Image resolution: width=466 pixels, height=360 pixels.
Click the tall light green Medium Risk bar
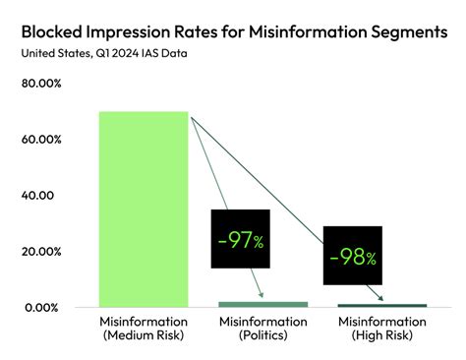(x=143, y=209)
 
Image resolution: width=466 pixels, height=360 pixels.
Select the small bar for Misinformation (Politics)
(x=262, y=304)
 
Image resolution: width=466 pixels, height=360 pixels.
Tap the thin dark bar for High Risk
(x=382, y=306)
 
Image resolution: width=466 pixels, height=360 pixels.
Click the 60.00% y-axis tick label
(x=42, y=139)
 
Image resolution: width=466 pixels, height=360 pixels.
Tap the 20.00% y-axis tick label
(x=42, y=251)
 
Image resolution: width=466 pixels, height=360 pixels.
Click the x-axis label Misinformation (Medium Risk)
(x=143, y=330)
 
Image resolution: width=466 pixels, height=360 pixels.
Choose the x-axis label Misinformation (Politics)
(x=262, y=330)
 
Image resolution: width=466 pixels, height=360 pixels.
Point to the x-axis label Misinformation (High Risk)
(x=382, y=330)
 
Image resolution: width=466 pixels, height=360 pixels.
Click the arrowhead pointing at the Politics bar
(x=262, y=295)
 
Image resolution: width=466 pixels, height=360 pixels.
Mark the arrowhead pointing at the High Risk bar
(x=380, y=298)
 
